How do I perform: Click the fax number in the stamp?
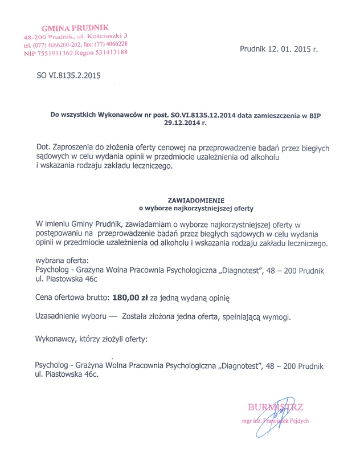(x=112, y=44)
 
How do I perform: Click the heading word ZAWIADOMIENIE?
(x=192, y=201)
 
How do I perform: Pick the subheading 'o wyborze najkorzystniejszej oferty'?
(x=192, y=208)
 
